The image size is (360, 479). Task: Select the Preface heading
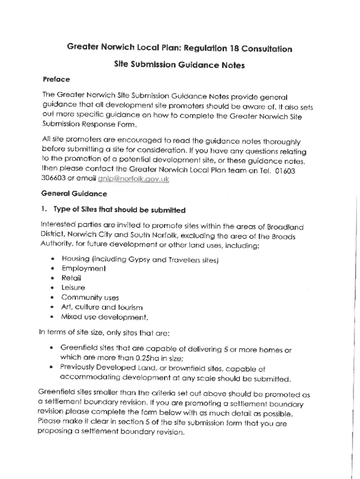[56, 79]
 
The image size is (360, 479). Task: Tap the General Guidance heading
[74, 194]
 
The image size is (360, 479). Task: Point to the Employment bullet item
[83, 269]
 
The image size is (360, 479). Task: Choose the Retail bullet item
[71, 278]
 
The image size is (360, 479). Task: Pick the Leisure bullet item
[73, 288]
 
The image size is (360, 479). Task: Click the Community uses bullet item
[90, 298]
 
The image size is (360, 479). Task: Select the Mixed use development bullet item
[105, 317]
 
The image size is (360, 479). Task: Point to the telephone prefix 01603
[285, 171]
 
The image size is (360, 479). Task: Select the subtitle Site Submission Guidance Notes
[179, 65]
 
